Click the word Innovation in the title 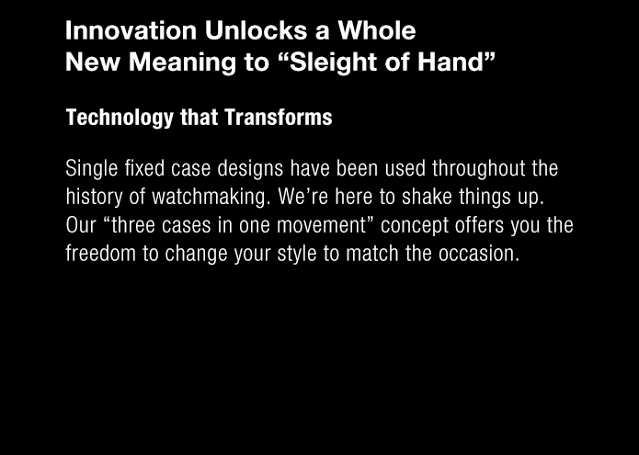(x=131, y=30)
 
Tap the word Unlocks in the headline (x=256, y=30)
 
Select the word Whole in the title (x=377, y=30)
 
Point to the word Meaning (x=182, y=63)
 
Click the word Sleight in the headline (x=329, y=63)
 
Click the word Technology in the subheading (x=120, y=119)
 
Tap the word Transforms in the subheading (x=279, y=118)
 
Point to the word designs (x=250, y=169)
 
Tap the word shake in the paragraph (x=427, y=197)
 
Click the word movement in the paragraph (x=322, y=226)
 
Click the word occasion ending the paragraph (x=476, y=255)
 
